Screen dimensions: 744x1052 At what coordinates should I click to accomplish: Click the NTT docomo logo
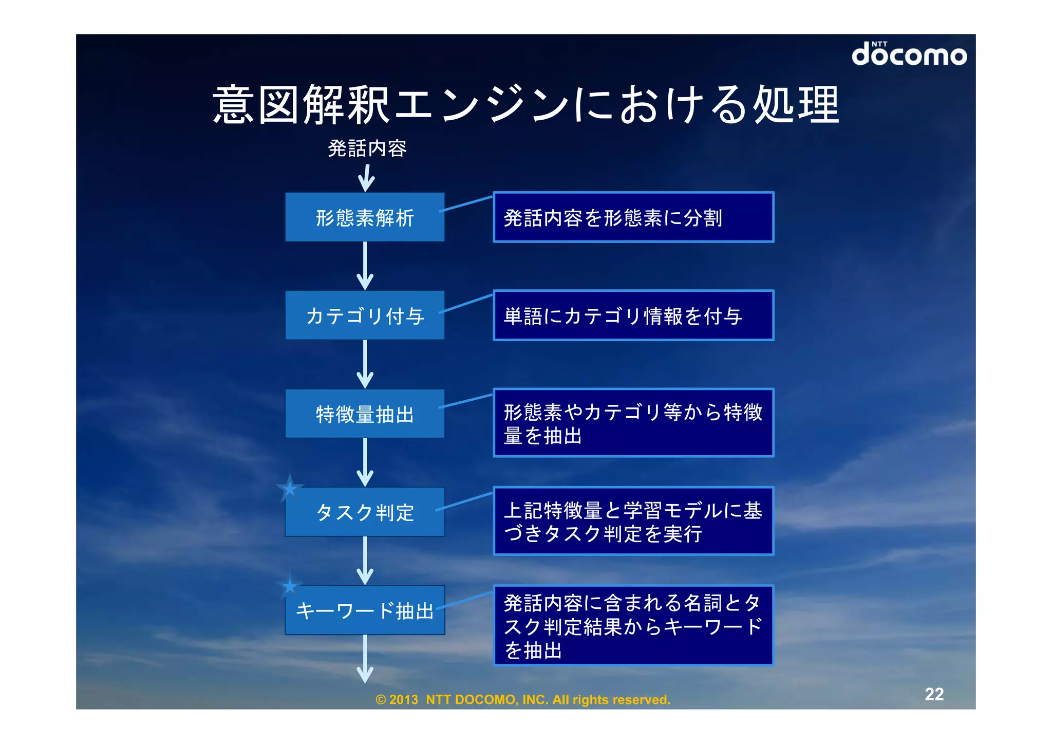909,54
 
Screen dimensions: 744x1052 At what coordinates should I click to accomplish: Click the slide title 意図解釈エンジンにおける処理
525,105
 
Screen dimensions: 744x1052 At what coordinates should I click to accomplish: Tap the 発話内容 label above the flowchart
367,148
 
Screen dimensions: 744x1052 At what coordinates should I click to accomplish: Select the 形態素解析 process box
365,217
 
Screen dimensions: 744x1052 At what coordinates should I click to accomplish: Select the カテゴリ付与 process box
365,315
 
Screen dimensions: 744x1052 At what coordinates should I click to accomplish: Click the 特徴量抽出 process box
365,414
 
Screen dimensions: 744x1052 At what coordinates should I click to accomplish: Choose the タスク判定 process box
365,512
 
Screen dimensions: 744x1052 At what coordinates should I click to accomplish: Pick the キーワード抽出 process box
365,610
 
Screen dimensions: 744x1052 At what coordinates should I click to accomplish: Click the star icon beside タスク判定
290,488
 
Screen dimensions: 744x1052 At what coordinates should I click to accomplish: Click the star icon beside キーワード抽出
290,586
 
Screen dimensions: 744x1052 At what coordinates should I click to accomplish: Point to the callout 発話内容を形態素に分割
633,217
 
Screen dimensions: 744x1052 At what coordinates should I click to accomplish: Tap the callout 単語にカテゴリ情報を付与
633,315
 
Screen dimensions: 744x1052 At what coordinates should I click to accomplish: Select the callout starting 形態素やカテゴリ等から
633,423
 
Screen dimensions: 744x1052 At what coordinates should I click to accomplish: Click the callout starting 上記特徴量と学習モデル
633,521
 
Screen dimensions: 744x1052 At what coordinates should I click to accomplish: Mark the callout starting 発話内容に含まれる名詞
633,626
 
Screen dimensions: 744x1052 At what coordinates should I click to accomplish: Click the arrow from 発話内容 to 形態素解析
366,178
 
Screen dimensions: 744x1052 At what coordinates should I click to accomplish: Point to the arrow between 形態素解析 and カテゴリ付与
365,266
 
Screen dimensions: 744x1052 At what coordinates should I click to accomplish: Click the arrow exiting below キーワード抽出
365,659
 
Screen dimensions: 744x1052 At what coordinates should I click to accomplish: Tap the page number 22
934,694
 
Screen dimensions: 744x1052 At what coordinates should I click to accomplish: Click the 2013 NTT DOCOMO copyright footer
523,700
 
